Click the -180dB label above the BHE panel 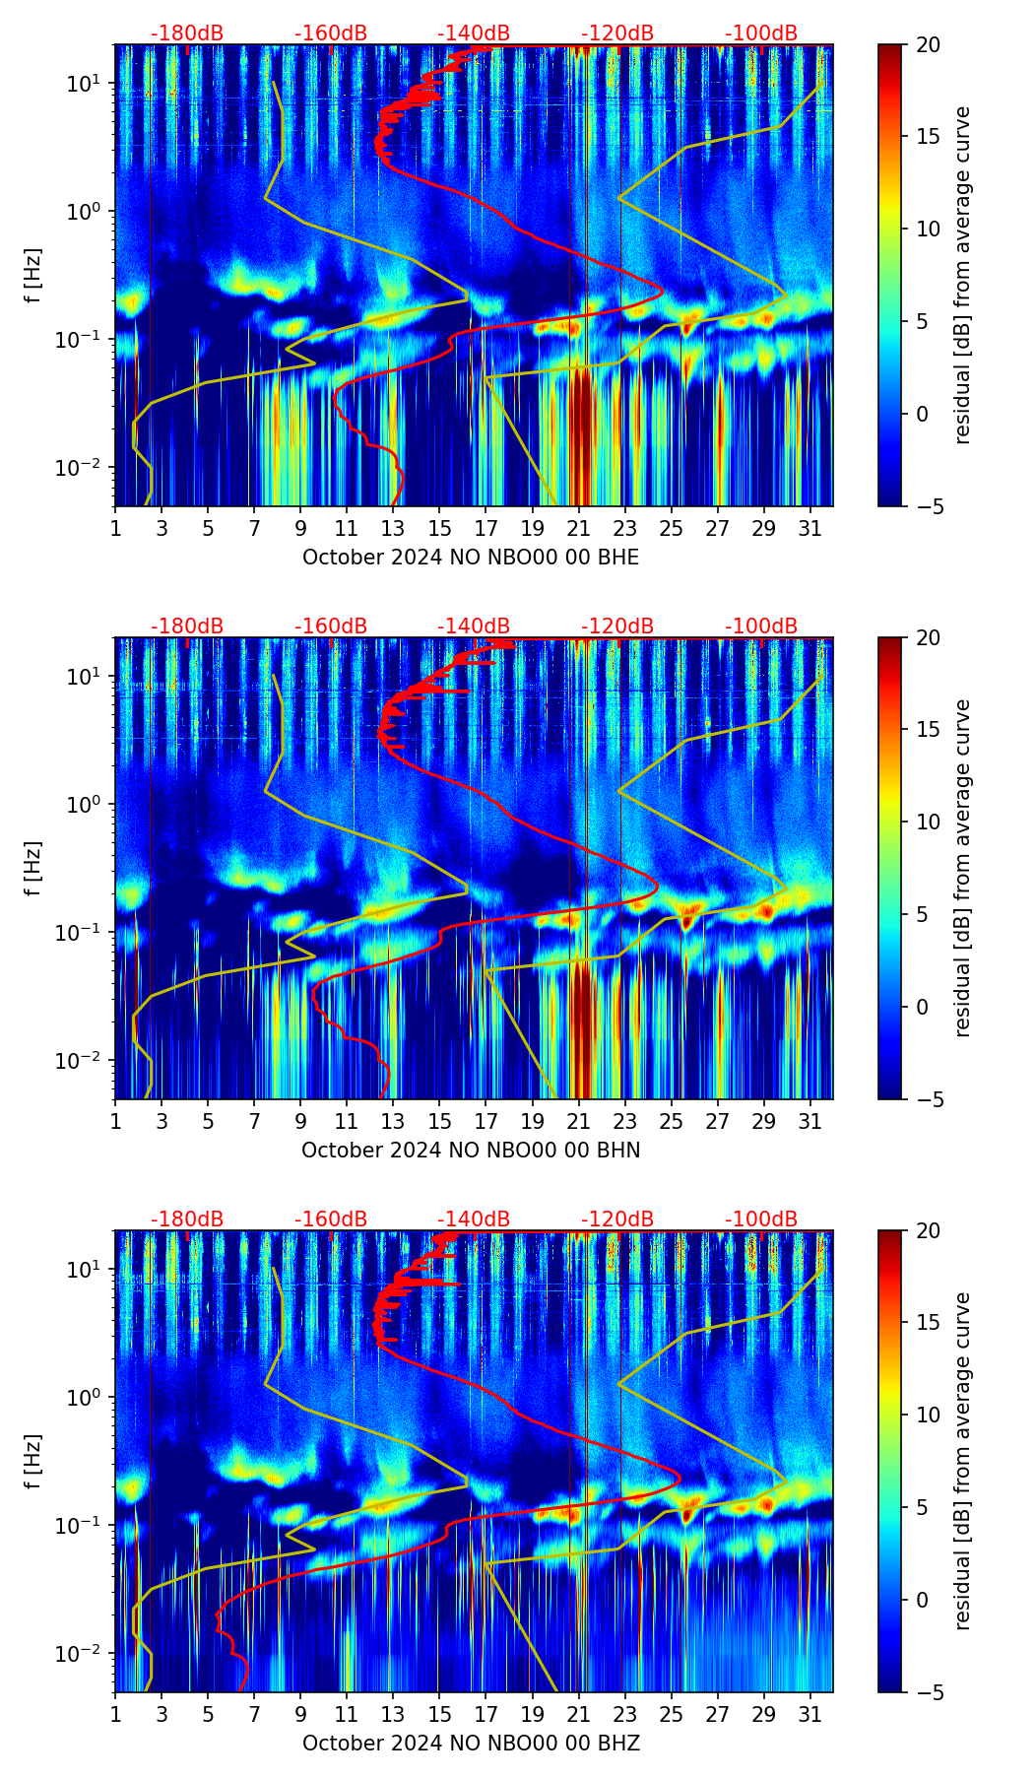click(187, 33)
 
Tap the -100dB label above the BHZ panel click(761, 1219)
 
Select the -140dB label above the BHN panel click(474, 626)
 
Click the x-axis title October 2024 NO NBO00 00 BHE click(471, 558)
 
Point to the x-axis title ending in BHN click(471, 1151)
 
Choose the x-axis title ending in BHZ click(471, 1744)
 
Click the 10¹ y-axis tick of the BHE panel click(85, 84)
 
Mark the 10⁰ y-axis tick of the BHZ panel click(85, 1397)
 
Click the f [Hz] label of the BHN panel click(34, 868)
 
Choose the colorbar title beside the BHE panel click(962, 275)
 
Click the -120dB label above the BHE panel click(617, 33)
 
